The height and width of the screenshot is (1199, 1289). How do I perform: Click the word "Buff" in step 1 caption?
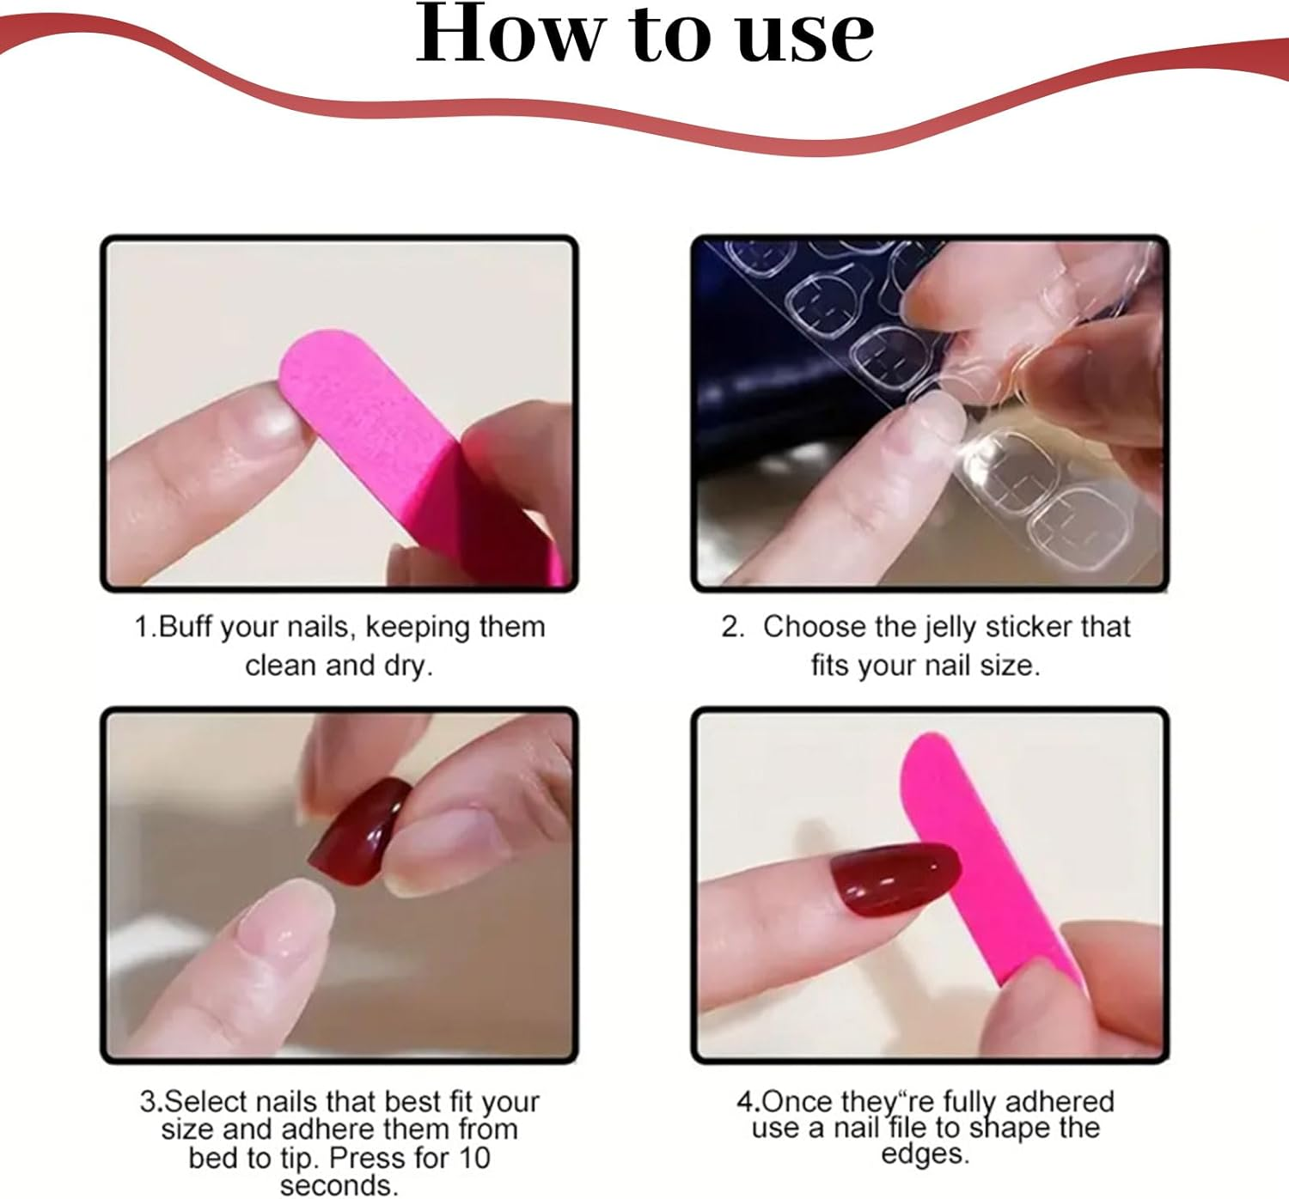click(x=186, y=627)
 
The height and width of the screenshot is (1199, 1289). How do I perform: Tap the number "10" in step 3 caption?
click(x=473, y=1158)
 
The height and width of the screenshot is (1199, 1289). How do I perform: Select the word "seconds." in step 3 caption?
click(x=339, y=1186)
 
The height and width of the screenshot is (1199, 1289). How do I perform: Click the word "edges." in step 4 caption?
click(x=926, y=1153)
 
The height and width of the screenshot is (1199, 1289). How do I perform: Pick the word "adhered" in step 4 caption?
click(x=1059, y=1101)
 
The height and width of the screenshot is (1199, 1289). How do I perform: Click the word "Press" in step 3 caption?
click(x=367, y=1158)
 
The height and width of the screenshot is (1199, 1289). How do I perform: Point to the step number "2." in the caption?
click(x=732, y=627)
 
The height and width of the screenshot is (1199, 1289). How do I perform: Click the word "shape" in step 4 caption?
click(x=1011, y=1128)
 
